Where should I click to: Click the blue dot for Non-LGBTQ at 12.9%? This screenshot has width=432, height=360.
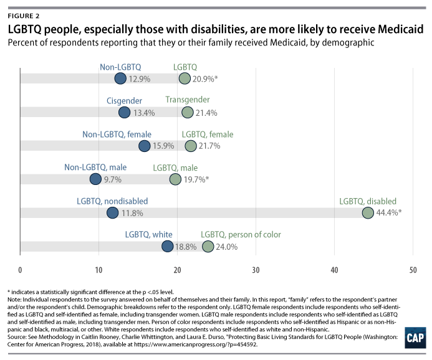click(x=120, y=78)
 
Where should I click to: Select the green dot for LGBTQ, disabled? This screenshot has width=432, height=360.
click(x=368, y=213)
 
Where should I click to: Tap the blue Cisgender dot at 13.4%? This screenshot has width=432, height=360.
click(x=124, y=112)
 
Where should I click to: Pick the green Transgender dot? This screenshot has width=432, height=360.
click(x=188, y=112)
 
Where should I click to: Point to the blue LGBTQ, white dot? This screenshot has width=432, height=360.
click(x=168, y=247)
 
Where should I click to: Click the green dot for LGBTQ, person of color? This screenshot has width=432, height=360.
click(x=208, y=247)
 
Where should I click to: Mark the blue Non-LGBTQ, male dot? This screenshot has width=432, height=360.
click(x=95, y=179)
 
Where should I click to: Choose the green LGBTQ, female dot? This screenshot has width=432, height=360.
click(x=191, y=146)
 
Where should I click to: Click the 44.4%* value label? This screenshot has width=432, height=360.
click(x=388, y=213)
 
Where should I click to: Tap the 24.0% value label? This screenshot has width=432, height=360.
click(x=227, y=247)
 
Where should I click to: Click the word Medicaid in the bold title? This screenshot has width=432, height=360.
click(x=396, y=29)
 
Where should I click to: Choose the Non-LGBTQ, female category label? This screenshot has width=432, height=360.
click(x=117, y=134)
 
